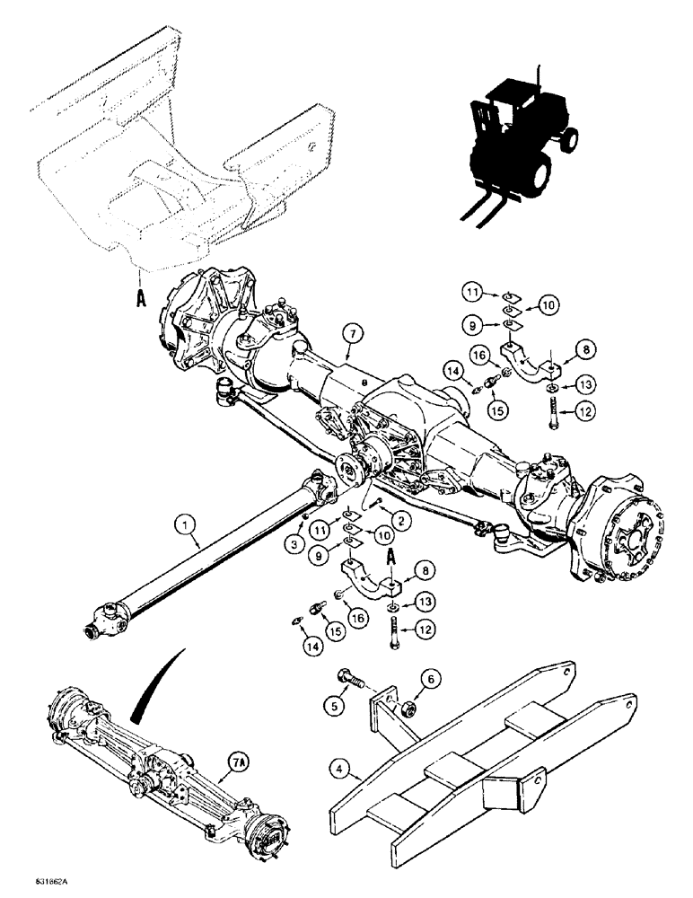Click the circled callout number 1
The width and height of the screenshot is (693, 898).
point(186,542)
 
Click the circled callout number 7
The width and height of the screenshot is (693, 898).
point(352,335)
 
